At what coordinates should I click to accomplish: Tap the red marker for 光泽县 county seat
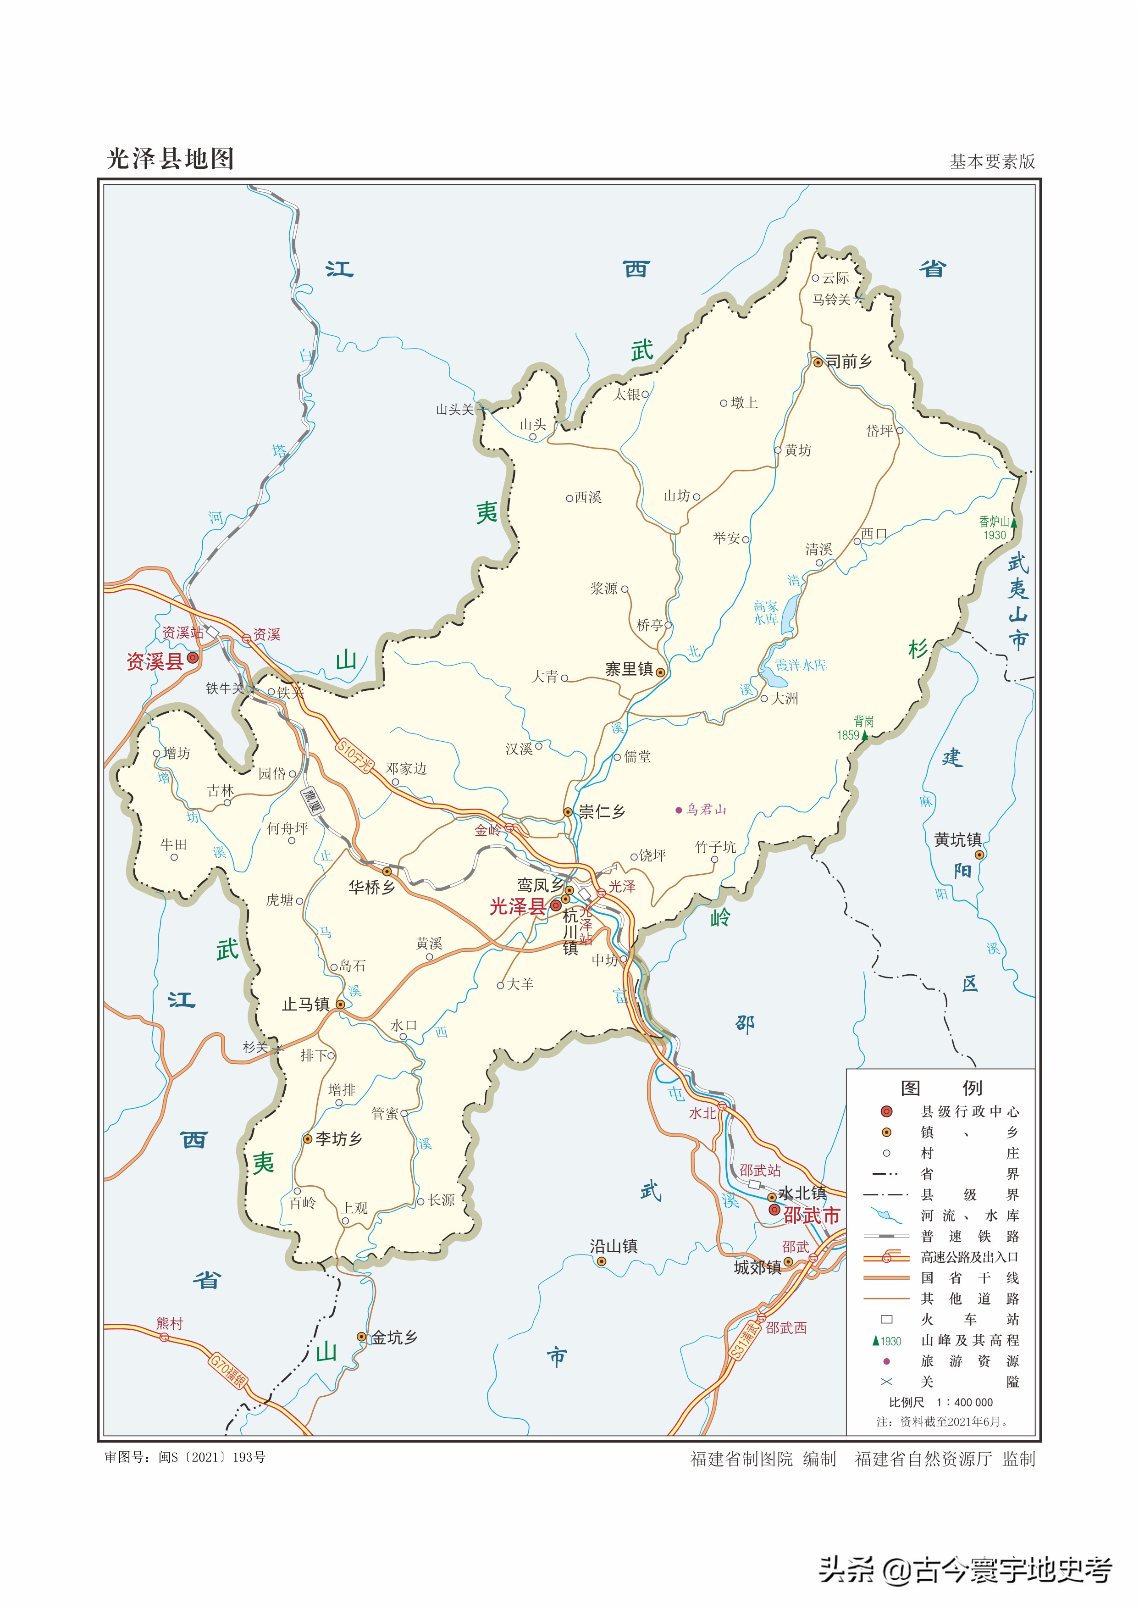(555, 905)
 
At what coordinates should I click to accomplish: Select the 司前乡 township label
(849, 362)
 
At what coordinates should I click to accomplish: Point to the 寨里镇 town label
(629, 670)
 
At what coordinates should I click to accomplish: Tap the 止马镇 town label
(306, 1005)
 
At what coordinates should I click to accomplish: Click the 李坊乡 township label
(339, 1138)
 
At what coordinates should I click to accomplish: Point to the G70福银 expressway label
(229, 1371)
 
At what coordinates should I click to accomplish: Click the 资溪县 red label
(155, 661)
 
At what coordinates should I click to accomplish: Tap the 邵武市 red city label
(812, 1216)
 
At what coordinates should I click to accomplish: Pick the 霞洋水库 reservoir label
(800, 665)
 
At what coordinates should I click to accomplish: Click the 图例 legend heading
(940, 1088)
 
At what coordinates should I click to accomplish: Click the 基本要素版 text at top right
(992, 162)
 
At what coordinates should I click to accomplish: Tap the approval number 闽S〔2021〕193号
(212, 1457)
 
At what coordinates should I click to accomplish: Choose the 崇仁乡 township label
(602, 812)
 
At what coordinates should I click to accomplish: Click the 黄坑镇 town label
(957, 840)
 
